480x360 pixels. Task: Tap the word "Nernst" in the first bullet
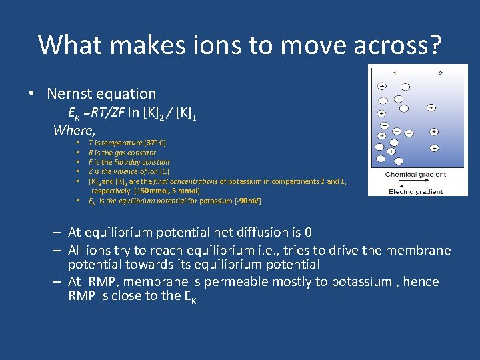[x=72, y=94]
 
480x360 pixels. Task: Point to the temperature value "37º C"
[x=155, y=143]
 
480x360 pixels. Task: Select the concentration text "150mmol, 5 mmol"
[x=171, y=191]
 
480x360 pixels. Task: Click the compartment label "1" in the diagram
[x=394, y=73]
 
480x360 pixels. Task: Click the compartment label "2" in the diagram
[x=440, y=73]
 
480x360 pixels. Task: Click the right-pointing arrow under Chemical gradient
[x=416, y=182]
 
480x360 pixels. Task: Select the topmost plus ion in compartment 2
[x=431, y=107]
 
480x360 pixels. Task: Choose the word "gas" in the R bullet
[x=120, y=153]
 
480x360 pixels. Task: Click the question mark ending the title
[x=434, y=45]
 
